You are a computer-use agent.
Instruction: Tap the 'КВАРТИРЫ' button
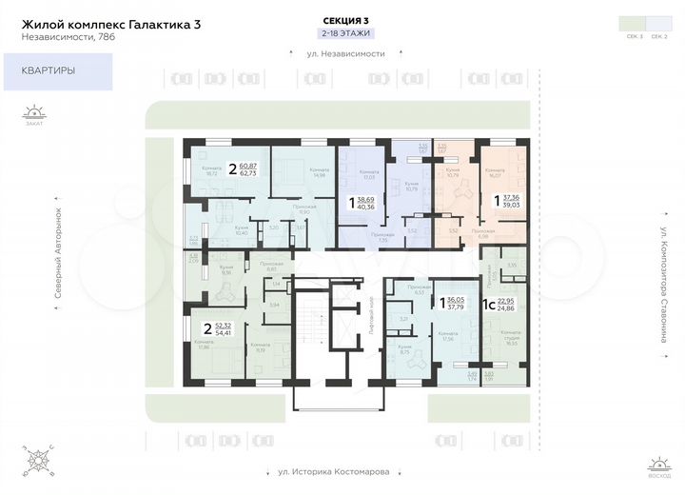point(57,71)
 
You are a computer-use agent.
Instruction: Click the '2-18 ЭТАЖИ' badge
point(345,33)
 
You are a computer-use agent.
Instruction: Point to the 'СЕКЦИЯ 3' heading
point(345,20)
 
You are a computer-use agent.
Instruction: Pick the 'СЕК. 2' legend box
point(658,23)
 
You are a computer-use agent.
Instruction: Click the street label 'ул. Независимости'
point(345,53)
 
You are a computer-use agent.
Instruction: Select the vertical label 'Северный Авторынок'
point(57,254)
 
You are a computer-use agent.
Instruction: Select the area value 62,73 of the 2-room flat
point(249,174)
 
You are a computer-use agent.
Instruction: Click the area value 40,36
point(364,207)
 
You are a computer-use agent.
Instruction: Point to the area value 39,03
point(510,204)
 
